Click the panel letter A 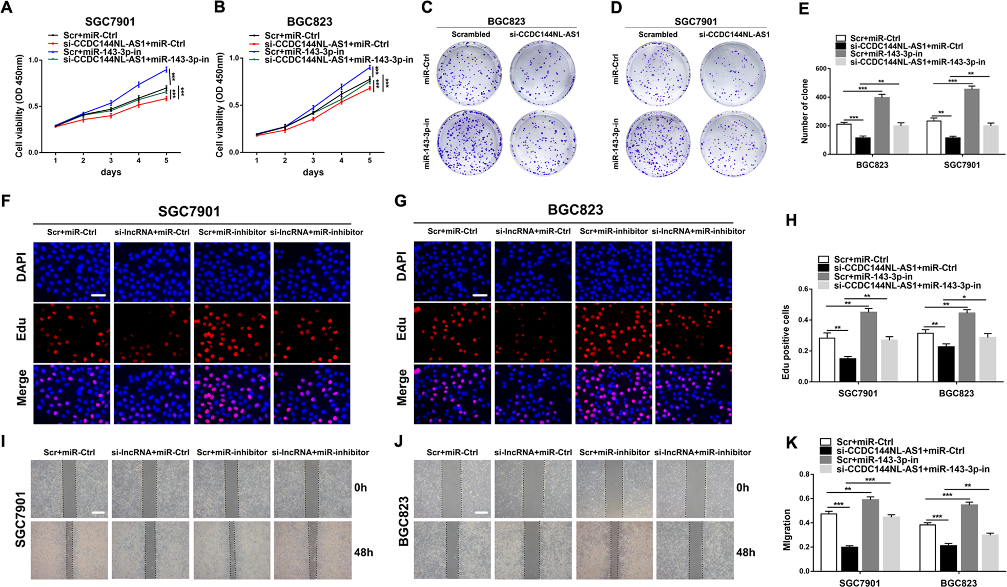7,9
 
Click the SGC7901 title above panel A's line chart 110,22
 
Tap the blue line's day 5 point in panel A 166,69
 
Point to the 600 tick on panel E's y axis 820,69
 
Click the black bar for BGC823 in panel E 863,146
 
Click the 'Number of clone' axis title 805,111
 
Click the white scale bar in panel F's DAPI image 98,296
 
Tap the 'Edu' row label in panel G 401,329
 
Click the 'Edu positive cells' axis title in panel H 786,342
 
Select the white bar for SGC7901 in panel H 827,360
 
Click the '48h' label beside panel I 363,552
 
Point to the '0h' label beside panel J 742,487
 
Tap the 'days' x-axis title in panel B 313,172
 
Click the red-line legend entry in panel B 326,44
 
